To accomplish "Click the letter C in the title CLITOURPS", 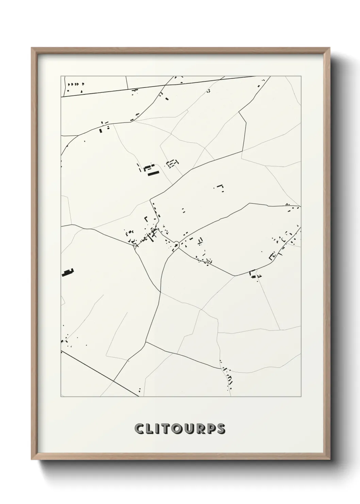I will (x=140, y=429).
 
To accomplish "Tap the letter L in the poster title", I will (x=150, y=429).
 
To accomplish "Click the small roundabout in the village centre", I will (x=176, y=243).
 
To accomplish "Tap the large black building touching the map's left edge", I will (x=68, y=272).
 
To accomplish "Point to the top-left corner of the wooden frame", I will (x=32, y=49).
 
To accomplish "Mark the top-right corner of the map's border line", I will (x=301, y=76).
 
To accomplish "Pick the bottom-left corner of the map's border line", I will (x=61, y=397).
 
